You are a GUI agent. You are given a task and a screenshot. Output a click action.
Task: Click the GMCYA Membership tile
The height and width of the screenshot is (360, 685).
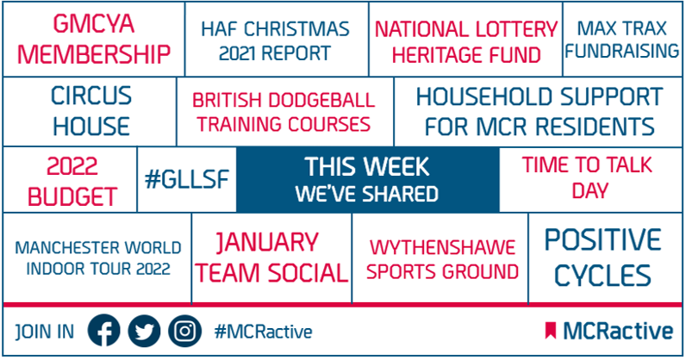[94, 40]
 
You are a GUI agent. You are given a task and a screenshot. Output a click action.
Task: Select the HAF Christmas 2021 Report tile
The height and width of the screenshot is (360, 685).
[276, 40]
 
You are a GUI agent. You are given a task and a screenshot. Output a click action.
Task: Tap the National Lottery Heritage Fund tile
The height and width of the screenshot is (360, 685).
[465, 40]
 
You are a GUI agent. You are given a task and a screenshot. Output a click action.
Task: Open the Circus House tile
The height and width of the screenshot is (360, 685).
[90, 111]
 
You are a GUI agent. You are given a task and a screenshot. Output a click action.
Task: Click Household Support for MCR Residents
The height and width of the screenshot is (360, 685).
[539, 111]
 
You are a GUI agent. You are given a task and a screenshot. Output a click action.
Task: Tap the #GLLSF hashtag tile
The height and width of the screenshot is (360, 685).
[186, 180]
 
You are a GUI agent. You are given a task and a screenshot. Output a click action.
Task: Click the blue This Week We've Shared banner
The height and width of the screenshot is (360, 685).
[367, 180]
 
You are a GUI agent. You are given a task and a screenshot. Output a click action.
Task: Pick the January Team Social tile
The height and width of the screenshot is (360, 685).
[271, 258]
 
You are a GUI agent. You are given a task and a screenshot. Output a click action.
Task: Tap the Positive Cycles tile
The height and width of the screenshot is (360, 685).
[603, 258]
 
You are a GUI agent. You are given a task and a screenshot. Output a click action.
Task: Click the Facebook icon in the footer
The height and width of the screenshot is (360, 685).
[106, 332]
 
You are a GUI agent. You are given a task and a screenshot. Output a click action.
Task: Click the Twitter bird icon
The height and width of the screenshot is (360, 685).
[144, 332]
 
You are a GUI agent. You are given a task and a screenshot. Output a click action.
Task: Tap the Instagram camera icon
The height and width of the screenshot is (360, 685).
[183, 332]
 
